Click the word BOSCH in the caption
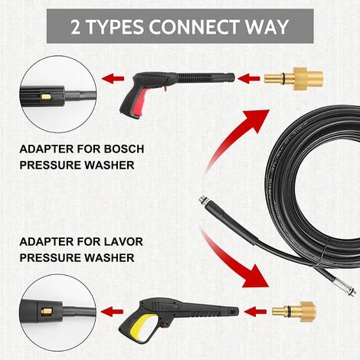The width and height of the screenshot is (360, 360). [x=124, y=149]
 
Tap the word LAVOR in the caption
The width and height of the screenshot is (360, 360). [x=123, y=241]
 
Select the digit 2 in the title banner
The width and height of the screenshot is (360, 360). [x=75, y=27]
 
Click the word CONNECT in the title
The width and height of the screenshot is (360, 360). [x=194, y=27]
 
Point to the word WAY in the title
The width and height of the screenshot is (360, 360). [x=267, y=27]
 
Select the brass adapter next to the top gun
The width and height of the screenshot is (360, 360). [x=293, y=78]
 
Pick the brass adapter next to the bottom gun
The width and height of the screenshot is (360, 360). [x=294, y=312]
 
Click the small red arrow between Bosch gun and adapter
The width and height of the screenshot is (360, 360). [x=249, y=78]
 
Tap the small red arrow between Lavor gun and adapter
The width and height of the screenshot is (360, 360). [x=255, y=312]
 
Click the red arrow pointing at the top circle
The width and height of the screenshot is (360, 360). [x=113, y=78]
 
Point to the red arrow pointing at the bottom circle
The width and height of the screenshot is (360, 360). [x=112, y=312]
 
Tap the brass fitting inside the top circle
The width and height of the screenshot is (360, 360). [x=47, y=97]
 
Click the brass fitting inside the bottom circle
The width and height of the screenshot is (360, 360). [x=47, y=312]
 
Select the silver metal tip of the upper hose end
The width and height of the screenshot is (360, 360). [x=202, y=200]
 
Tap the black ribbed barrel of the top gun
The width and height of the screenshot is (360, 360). [x=205, y=77]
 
